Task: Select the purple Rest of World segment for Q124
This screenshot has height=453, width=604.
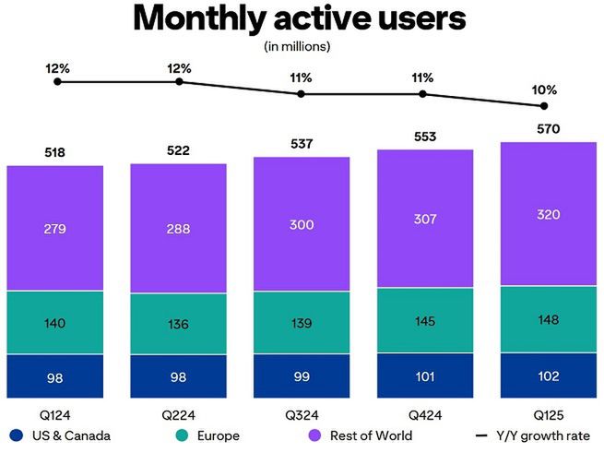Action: (x=54, y=228)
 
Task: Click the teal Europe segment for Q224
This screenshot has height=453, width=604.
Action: (x=178, y=324)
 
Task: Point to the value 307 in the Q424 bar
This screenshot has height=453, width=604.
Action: (x=425, y=219)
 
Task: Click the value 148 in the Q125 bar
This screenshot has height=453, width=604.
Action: (x=548, y=319)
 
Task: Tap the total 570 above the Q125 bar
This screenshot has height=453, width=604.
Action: (x=548, y=129)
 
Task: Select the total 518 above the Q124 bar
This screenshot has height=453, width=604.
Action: (x=54, y=152)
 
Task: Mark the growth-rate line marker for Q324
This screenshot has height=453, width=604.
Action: (x=302, y=94)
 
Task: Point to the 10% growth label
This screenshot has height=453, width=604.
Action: (x=544, y=90)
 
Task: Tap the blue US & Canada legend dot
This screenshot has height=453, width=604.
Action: (x=16, y=435)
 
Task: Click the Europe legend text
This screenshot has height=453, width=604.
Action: (x=218, y=435)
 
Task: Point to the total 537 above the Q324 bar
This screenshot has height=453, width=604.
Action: (x=302, y=144)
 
